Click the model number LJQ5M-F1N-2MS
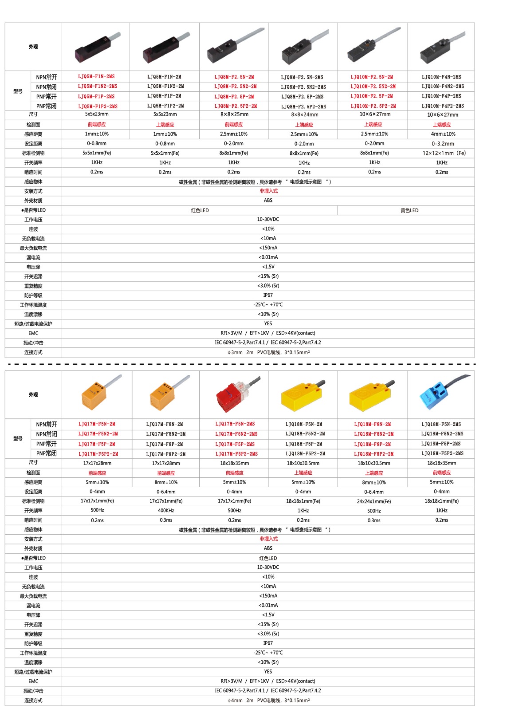click(96, 77)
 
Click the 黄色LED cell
click(409, 210)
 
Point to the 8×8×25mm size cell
click(234, 114)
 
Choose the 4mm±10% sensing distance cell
click(443, 134)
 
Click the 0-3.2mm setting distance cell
click(443, 144)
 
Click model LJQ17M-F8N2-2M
click(166, 434)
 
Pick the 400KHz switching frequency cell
click(166, 511)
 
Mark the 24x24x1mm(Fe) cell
click(373, 501)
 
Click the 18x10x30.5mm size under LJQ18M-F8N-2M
click(373, 463)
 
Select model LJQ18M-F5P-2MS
click(441, 444)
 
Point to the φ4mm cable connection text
click(268, 701)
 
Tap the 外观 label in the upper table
click(33, 47)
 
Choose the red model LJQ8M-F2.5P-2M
click(234, 96)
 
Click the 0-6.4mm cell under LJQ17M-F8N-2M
click(166, 492)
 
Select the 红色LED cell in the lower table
click(268, 558)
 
